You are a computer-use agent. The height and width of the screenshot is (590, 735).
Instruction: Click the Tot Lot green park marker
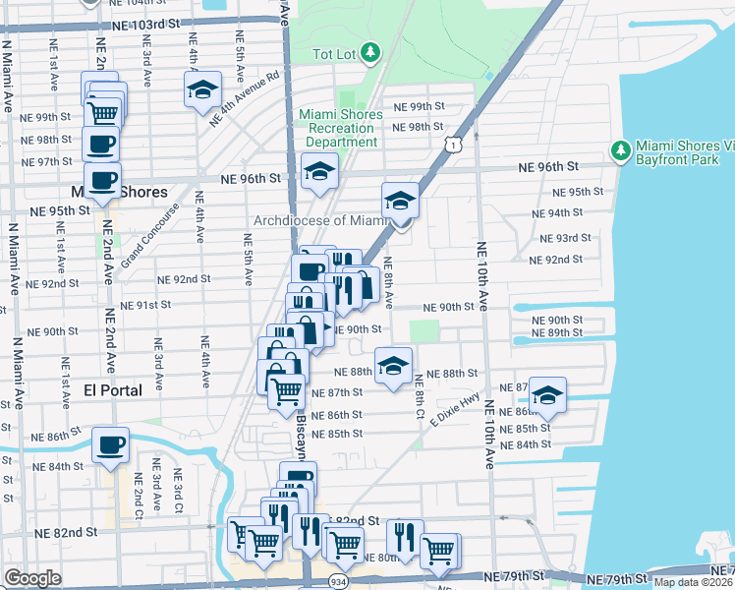369,51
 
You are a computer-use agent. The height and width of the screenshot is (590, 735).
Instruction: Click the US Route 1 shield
451,145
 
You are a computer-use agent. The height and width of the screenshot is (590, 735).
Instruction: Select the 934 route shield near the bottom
337,580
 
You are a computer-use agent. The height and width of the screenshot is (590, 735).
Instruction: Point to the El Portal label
112,389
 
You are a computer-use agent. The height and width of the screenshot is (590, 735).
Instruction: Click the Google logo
32,578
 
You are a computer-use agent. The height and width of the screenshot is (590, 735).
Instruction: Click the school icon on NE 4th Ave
202,88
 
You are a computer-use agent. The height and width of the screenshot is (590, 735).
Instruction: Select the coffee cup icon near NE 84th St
110,443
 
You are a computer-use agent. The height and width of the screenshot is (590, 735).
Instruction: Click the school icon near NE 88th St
393,366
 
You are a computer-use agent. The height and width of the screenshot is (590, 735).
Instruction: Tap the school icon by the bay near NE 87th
547,394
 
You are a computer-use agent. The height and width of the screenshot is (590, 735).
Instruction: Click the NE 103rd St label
146,22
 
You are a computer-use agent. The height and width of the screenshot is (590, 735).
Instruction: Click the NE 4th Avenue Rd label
245,96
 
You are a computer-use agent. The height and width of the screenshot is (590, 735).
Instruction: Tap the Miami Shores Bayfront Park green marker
620,149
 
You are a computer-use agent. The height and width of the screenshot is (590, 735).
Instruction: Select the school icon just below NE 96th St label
319,171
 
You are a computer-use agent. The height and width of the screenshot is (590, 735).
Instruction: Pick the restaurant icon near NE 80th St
404,537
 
